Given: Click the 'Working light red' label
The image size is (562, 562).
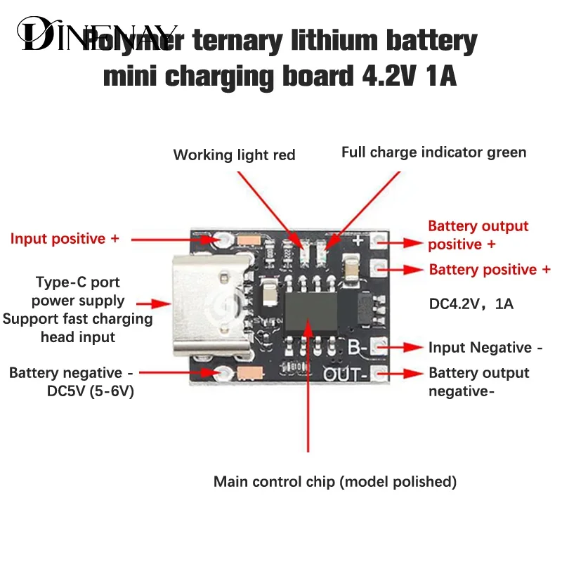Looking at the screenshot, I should (x=234, y=155).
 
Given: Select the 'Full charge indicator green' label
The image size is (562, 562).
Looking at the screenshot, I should (x=433, y=152).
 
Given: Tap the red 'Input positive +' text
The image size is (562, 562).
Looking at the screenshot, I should (x=65, y=239).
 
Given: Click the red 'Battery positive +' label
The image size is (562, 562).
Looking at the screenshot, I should (x=490, y=270).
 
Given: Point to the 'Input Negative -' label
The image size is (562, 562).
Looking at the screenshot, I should (x=485, y=348).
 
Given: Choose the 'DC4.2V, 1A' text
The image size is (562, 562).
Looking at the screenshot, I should (x=471, y=305).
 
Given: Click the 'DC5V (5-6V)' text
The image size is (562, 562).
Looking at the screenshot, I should (x=91, y=391).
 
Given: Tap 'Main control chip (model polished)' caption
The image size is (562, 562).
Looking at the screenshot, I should (x=335, y=482).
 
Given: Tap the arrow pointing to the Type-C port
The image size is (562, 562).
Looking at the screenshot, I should (x=154, y=304).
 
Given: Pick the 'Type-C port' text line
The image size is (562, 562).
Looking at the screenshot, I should (x=78, y=282).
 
